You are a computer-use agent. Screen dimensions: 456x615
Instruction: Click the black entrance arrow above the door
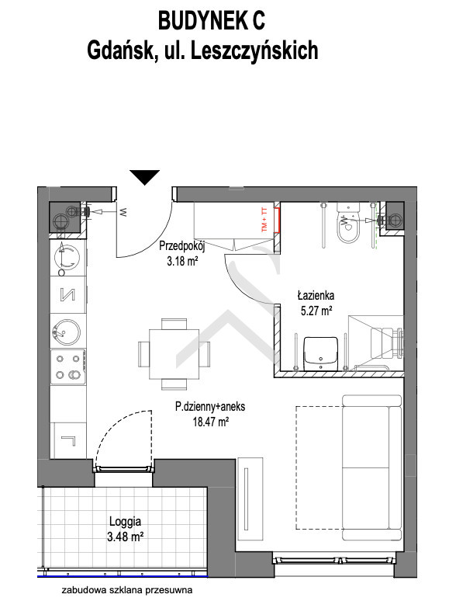(x=144, y=177)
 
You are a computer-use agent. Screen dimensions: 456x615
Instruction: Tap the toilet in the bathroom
(x=348, y=224)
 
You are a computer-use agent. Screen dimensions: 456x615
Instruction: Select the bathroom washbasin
(x=320, y=353)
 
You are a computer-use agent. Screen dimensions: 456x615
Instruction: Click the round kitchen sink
(x=67, y=331)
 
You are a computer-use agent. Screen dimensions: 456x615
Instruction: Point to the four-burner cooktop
(x=67, y=367)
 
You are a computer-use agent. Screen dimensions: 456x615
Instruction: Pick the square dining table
(x=174, y=354)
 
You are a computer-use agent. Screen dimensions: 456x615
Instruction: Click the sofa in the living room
(x=371, y=467)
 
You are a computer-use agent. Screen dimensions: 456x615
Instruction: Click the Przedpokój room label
(x=181, y=247)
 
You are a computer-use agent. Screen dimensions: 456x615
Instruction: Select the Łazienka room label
(x=316, y=295)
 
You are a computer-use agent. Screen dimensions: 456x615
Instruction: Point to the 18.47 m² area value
(x=211, y=422)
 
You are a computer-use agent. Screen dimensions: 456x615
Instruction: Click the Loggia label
(x=125, y=522)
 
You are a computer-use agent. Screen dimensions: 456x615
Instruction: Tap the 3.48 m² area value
(x=125, y=536)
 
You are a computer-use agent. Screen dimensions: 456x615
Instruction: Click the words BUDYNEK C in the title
(x=212, y=21)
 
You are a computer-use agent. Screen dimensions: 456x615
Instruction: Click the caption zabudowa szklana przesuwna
(x=127, y=590)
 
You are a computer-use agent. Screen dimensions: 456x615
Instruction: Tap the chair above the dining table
(x=174, y=324)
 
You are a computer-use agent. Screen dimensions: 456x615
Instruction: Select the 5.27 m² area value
(x=316, y=311)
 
